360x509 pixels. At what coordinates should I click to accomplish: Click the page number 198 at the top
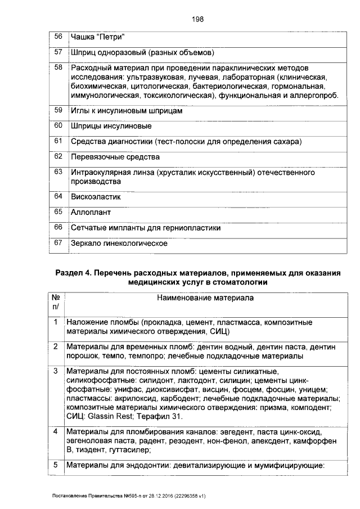coord(197,19)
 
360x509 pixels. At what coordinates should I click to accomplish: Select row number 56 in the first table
coord(58,37)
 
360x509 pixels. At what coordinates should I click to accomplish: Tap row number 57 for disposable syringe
coord(58,53)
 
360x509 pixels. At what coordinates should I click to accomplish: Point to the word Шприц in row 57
coord(82,53)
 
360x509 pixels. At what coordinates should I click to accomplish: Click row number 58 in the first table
coord(58,68)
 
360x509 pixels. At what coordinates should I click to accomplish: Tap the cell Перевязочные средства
coord(115,157)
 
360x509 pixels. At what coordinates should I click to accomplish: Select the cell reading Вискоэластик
coord(96,197)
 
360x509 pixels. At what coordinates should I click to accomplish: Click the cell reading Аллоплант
coord(91,213)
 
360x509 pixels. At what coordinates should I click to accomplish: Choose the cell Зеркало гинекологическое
coord(119,244)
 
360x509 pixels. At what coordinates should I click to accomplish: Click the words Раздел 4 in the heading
coord(74,273)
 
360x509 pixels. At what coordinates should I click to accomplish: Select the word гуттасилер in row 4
coord(132,450)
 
